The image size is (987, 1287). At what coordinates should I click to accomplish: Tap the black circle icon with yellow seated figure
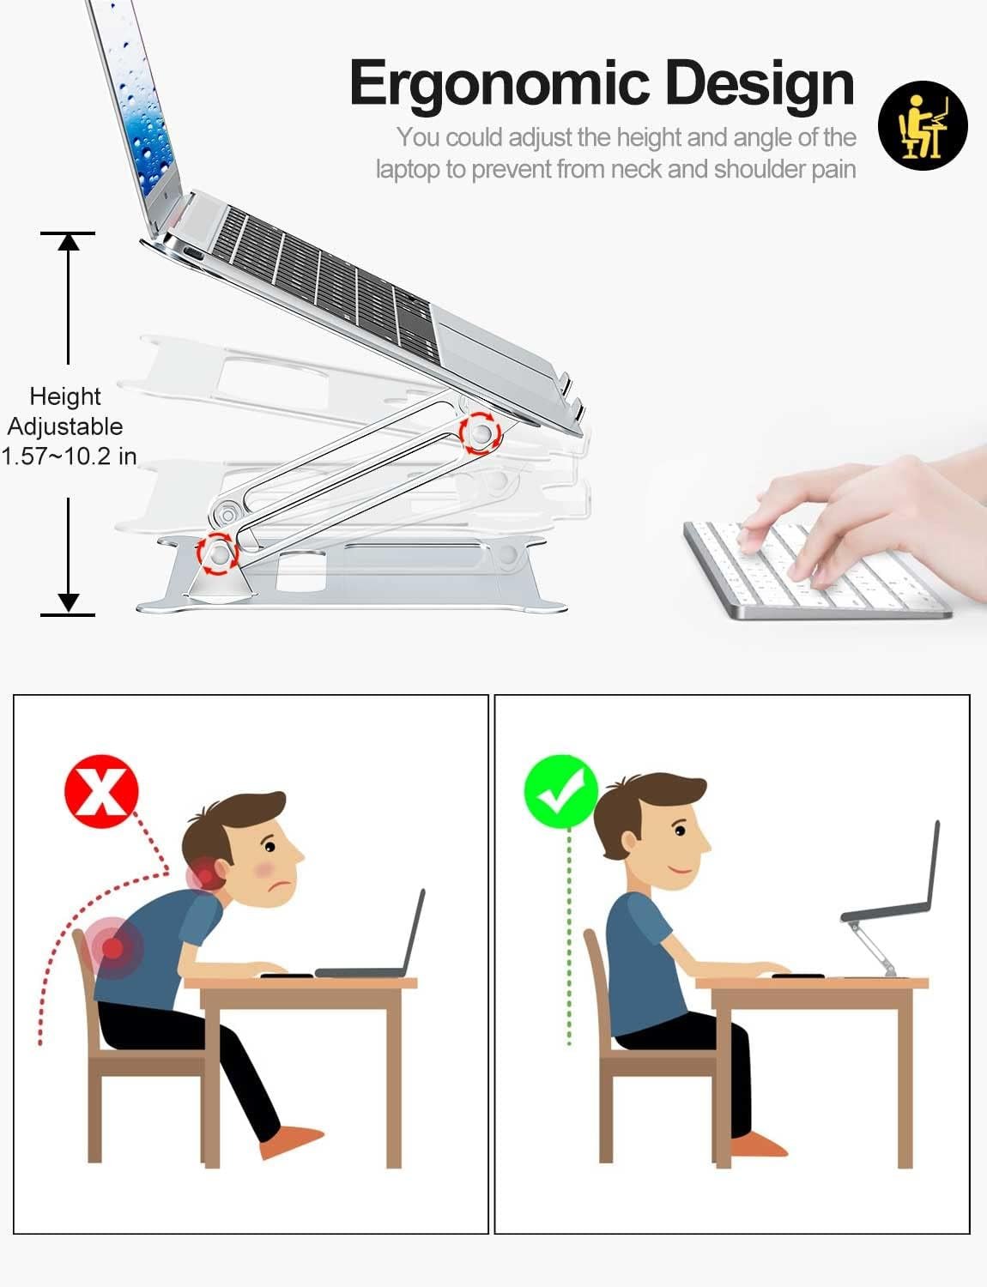pos(923,125)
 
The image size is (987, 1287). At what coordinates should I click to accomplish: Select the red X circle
pos(101,791)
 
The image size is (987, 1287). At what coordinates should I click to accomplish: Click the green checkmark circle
pos(561,791)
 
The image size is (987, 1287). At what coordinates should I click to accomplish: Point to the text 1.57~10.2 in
pos(69,456)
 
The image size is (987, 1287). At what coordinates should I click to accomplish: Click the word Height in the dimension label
pos(65,396)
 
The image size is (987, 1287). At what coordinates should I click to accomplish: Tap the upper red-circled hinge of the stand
pos(481,433)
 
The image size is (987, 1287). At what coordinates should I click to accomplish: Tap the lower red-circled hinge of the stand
pos(217,553)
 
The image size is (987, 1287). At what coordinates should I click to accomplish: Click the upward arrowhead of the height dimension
pos(68,242)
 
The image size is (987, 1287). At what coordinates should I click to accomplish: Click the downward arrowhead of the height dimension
pos(68,603)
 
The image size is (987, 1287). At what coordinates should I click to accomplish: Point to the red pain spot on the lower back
pos(112,947)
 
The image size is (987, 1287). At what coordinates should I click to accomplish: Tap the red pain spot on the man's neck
pos(204,875)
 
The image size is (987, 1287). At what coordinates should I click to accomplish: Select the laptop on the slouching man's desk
pos(370,934)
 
